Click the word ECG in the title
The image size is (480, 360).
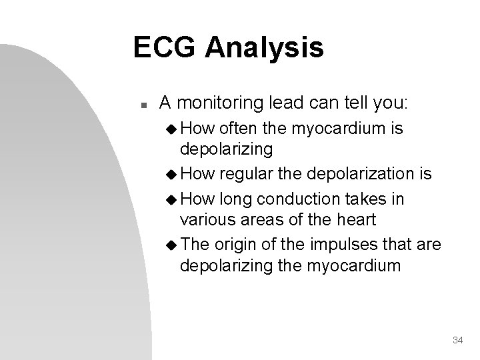[166, 48]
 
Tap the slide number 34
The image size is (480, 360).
[457, 341]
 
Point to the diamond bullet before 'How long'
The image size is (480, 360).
[170, 200]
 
